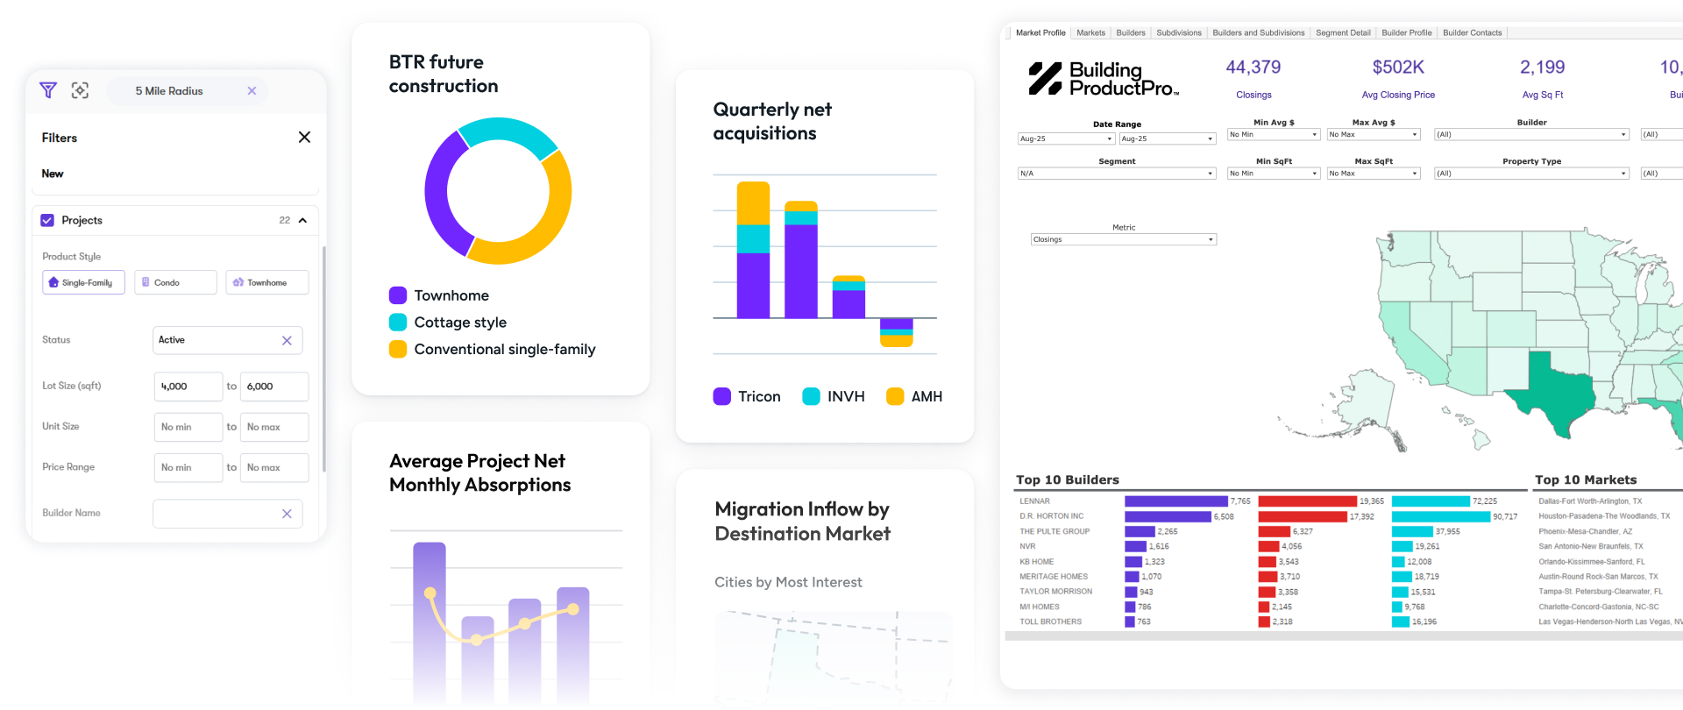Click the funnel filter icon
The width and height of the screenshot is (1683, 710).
(48, 90)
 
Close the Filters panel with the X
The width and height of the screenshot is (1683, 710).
(304, 137)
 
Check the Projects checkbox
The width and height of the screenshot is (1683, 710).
(47, 220)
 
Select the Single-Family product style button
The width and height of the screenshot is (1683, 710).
(83, 282)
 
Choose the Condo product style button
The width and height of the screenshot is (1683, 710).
(175, 282)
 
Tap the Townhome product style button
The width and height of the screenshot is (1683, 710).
(267, 282)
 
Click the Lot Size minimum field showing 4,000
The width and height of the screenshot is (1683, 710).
(188, 386)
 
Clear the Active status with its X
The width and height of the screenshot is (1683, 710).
(287, 340)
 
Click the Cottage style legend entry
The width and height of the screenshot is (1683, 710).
(459, 323)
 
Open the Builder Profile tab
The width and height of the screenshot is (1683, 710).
(1406, 32)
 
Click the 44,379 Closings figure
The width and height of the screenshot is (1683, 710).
(1253, 67)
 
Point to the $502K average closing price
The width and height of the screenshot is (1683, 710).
(1398, 67)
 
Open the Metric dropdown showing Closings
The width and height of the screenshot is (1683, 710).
(1124, 239)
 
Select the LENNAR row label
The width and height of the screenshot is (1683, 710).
(1034, 501)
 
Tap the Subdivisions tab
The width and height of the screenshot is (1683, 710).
(1178, 32)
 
